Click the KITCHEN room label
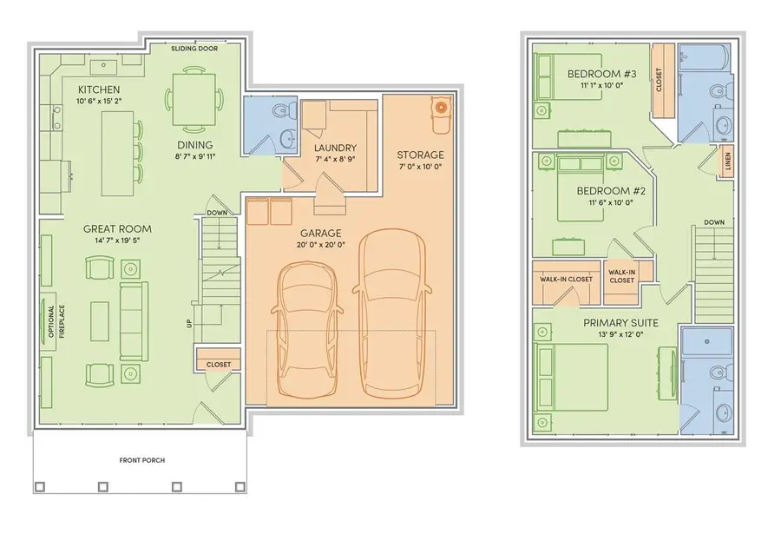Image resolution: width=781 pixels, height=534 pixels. [98, 89]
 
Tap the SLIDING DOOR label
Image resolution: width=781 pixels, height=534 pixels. [194, 49]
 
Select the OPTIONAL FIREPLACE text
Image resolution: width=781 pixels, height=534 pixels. [56, 321]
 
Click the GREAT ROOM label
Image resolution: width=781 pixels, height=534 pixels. [113, 229]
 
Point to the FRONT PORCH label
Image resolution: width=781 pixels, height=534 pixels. [141, 460]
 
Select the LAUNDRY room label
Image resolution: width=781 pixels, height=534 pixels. [335, 148]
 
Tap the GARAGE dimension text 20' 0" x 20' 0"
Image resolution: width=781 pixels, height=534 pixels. [320, 245]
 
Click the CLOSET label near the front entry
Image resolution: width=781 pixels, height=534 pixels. [219, 365]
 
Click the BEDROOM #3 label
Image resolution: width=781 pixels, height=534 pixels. [596, 74]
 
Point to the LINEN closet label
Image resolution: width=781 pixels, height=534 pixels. [727, 162]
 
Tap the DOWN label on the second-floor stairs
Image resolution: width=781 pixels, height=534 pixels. [714, 221]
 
